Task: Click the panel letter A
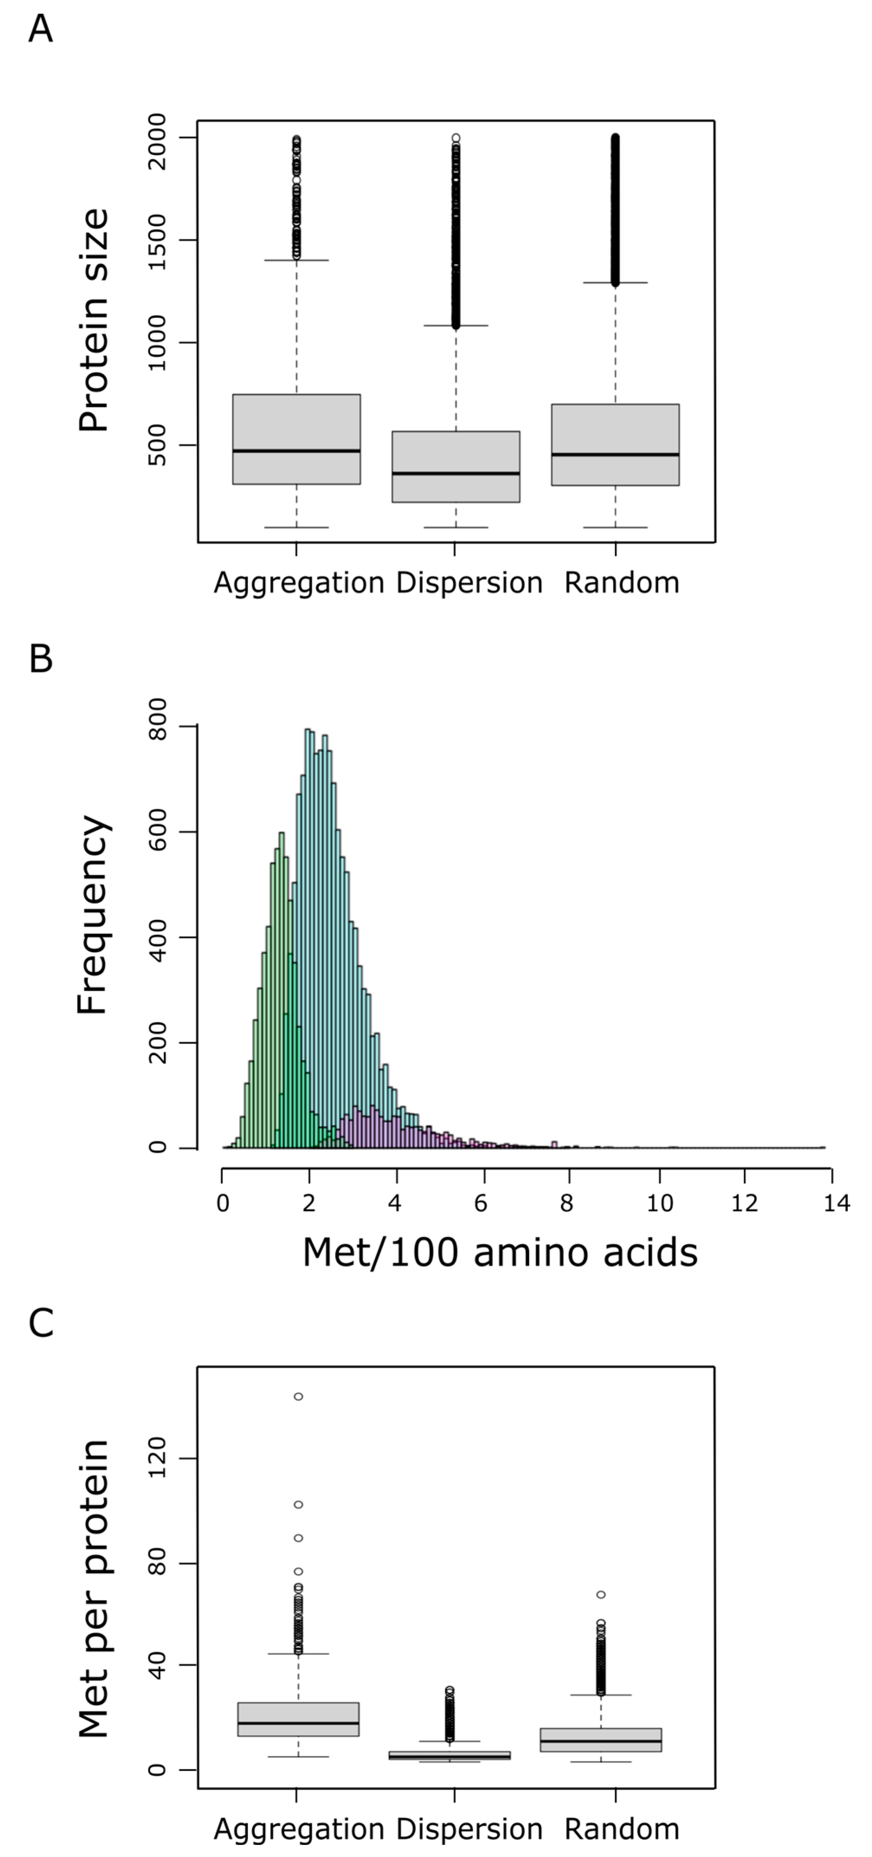tap(40, 29)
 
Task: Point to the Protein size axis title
tap(93, 321)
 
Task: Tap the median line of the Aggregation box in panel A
tap(296, 451)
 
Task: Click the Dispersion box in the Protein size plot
tap(455, 466)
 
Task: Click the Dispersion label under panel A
tap(469, 582)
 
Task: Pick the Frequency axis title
tap(93, 914)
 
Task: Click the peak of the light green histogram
tap(281, 833)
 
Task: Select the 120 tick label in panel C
tap(156, 1458)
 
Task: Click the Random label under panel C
tap(621, 1829)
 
